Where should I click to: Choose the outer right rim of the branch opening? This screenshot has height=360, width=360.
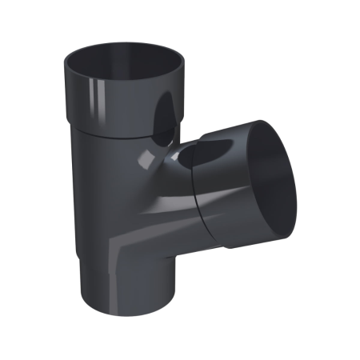pyautogui.click(x=300, y=180)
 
